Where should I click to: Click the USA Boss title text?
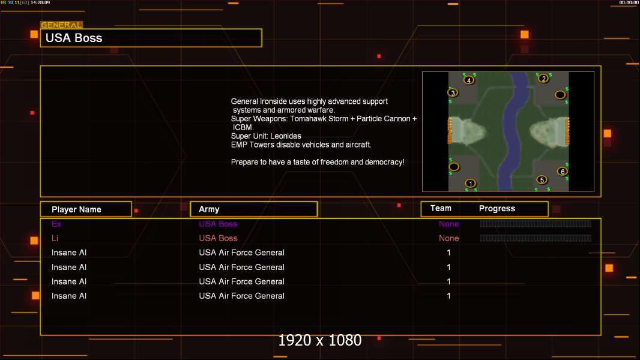point(74,38)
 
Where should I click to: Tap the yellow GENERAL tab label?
point(61,25)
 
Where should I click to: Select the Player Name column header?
point(76,209)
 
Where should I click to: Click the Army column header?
point(209,209)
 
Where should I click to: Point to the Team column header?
point(441,208)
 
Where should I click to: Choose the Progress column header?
point(497,209)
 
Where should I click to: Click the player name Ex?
point(56,224)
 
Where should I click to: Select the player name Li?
point(55,238)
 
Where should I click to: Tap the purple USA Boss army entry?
point(218,224)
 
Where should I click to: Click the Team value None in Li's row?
point(448,238)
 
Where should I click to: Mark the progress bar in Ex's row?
point(536,223)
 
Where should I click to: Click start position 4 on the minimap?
point(469,80)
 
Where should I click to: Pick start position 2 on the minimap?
point(543,78)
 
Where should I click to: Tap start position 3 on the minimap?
point(453,92)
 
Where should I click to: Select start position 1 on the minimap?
point(470,184)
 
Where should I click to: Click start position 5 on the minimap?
point(542,179)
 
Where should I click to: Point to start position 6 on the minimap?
point(563,171)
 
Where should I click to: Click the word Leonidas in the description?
point(286,136)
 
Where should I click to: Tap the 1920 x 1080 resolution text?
point(320,340)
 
